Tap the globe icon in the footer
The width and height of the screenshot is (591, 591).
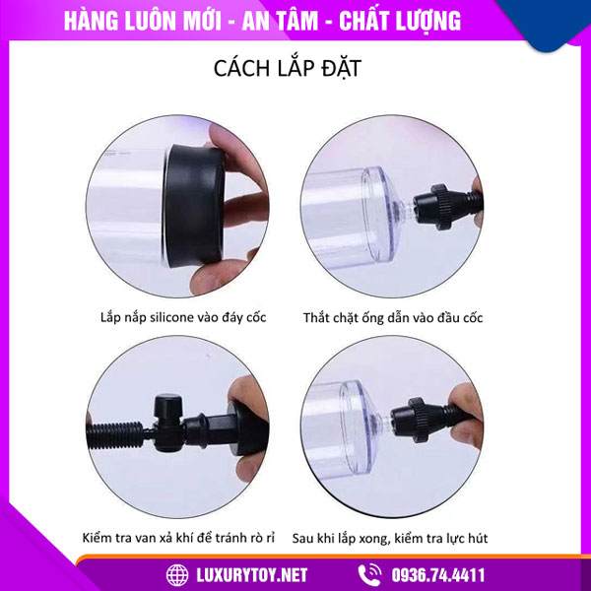[x=177, y=573]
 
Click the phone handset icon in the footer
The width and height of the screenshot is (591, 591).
[x=370, y=573]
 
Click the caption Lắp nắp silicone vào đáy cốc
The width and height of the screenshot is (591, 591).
[x=183, y=317]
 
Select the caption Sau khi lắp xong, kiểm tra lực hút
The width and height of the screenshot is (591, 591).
[x=405, y=538]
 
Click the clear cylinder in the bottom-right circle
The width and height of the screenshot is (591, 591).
[x=345, y=414]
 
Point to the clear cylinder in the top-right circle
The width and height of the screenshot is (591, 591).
[x=345, y=202]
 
